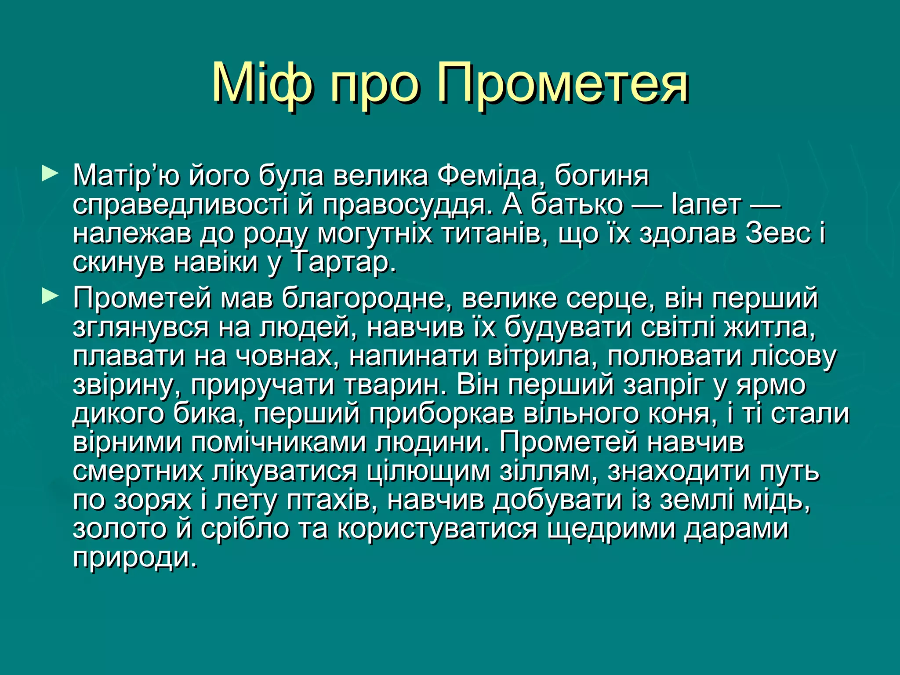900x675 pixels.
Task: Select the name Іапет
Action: pyautogui.click(x=706, y=205)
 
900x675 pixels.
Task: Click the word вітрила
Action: pyautogui.click(x=539, y=356)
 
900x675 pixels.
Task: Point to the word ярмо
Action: pyautogui.click(x=771, y=385)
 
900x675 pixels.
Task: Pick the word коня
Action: pyautogui.click(x=679, y=414)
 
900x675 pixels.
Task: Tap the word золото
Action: pyautogui.click(x=120, y=529)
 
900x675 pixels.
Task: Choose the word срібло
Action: pyautogui.click(x=245, y=529)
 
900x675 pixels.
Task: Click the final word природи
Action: pyautogui.click(x=135, y=558)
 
